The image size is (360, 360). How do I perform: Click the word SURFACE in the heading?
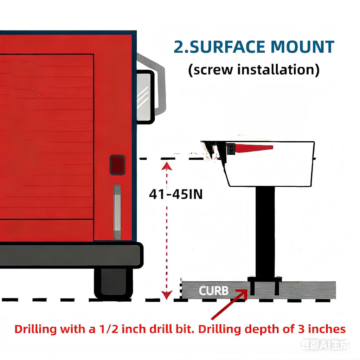(227, 47)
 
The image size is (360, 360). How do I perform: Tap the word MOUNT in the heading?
(302, 47)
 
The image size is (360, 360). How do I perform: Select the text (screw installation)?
(254, 70)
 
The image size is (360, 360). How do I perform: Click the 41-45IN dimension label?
(176, 194)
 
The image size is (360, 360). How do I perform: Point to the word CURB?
(213, 291)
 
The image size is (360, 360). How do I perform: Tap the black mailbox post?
(265, 232)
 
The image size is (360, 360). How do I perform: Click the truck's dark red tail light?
(117, 165)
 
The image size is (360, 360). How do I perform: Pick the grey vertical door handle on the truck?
(117, 212)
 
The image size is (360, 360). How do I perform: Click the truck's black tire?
(114, 284)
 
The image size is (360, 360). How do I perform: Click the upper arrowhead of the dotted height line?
(167, 166)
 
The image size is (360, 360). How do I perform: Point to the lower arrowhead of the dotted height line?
(167, 295)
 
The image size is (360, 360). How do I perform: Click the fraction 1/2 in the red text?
(109, 329)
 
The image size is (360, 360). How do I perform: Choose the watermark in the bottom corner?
(324, 345)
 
